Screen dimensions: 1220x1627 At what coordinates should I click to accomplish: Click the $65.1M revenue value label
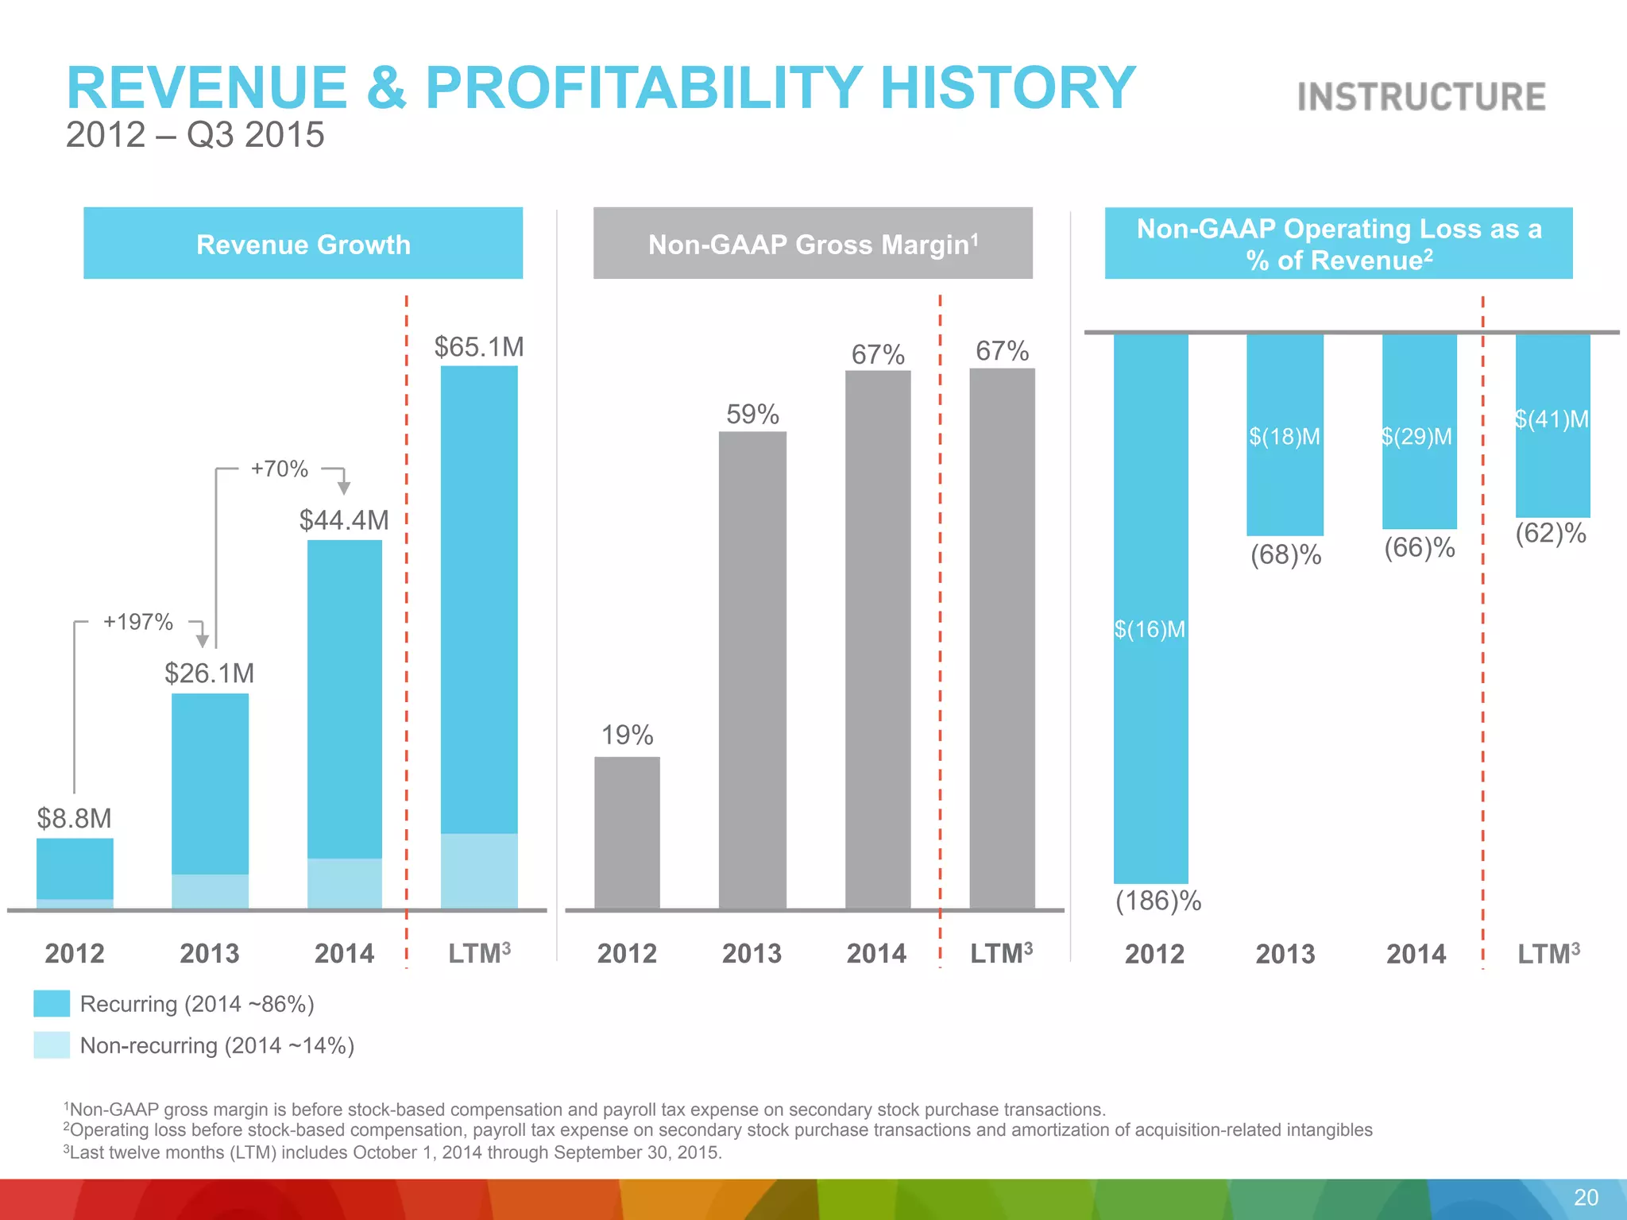[479, 347]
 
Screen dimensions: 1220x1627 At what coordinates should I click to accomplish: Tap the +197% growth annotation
[138, 622]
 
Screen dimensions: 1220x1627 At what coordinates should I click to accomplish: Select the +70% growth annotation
[279, 469]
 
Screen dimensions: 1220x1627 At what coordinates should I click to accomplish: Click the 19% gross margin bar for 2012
[627, 832]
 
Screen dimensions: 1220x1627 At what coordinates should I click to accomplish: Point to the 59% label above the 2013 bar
[752, 415]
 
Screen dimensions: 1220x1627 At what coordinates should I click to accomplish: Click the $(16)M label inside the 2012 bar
[1150, 630]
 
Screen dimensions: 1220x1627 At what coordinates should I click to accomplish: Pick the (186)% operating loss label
[1158, 901]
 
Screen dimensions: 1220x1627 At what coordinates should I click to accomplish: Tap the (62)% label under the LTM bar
[1550, 533]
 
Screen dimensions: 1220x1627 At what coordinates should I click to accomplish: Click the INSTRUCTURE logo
[1421, 97]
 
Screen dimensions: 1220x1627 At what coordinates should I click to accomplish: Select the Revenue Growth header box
[303, 243]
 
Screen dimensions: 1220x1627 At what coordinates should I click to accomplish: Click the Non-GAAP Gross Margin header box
[813, 243]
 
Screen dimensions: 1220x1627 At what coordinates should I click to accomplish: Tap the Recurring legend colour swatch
[52, 1004]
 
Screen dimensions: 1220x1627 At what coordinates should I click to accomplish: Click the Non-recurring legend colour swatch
[52, 1045]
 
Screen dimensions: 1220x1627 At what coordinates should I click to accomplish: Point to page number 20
[1586, 1198]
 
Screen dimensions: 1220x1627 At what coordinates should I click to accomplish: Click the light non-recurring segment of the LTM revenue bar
[479, 871]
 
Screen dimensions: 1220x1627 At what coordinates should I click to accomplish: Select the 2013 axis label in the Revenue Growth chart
[210, 953]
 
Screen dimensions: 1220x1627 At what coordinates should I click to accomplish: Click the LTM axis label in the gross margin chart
[1001, 952]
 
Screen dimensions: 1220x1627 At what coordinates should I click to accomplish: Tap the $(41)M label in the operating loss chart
[1552, 419]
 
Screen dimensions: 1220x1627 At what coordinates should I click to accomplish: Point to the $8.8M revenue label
[75, 818]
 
